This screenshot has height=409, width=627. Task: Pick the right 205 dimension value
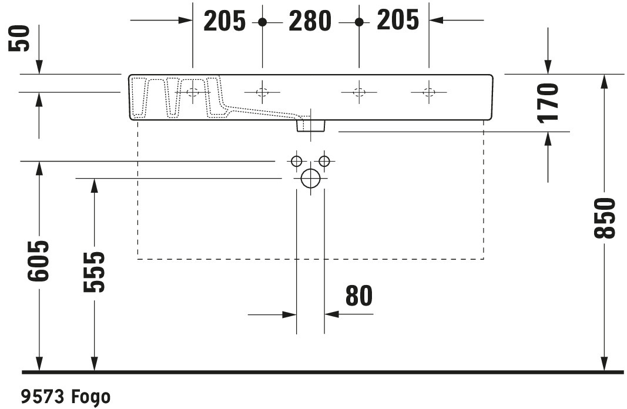click(398, 20)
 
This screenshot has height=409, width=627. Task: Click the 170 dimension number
click(548, 103)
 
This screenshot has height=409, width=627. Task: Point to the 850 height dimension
click(604, 218)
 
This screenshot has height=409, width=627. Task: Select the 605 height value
click(38, 261)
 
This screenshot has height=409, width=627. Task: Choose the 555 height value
click(94, 272)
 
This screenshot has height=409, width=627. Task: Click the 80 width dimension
click(358, 296)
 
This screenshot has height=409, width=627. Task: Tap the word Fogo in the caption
click(90, 397)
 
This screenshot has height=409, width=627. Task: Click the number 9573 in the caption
click(42, 397)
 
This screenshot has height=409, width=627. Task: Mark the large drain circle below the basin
click(311, 178)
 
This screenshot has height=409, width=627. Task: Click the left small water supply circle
click(296, 161)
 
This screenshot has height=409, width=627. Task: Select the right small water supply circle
click(324, 161)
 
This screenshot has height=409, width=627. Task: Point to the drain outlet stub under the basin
click(311, 126)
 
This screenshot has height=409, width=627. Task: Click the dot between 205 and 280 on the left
click(262, 22)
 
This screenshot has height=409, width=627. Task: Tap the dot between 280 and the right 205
click(359, 22)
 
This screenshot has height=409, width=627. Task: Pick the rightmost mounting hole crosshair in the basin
click(428, 92)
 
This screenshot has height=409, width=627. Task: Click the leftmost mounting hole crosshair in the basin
click(193, 92)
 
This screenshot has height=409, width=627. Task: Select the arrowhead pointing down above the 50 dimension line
click(39, 67)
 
